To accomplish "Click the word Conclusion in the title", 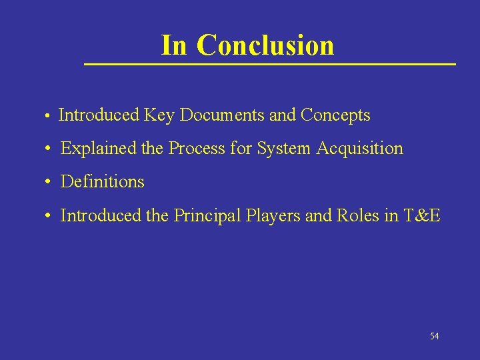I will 265,45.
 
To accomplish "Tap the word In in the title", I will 174,45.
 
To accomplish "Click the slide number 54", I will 435,336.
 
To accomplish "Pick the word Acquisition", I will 360,149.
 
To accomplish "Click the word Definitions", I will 102,181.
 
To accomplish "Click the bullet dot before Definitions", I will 49,182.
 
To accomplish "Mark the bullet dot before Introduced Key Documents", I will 49,117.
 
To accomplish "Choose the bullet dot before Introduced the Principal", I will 49,216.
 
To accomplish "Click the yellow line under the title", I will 269,64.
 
